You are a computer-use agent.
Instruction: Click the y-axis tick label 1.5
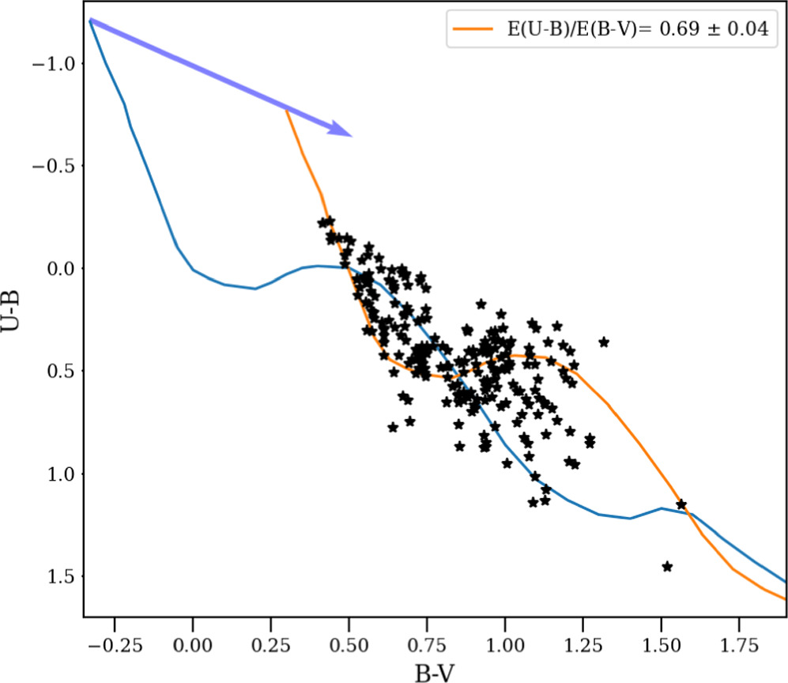pyautogui.click(x=61, y=577)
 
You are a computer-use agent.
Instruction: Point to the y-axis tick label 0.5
pyautogui.click(x=61, y=372)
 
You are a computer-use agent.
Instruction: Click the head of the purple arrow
pyautogui.click(x=350, y=135)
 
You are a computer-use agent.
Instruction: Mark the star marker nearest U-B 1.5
pyautogui.click(x=667, y=566)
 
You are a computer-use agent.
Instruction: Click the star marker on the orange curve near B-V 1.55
pyautogui.click(x=681, y=504)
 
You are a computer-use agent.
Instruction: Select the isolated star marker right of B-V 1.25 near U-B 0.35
pyautogui.click(x=604, y=341)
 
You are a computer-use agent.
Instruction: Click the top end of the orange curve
pyautogui.click(x=286, y=109)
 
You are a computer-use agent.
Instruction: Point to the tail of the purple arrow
pyautogui.click(x=91, y=21)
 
